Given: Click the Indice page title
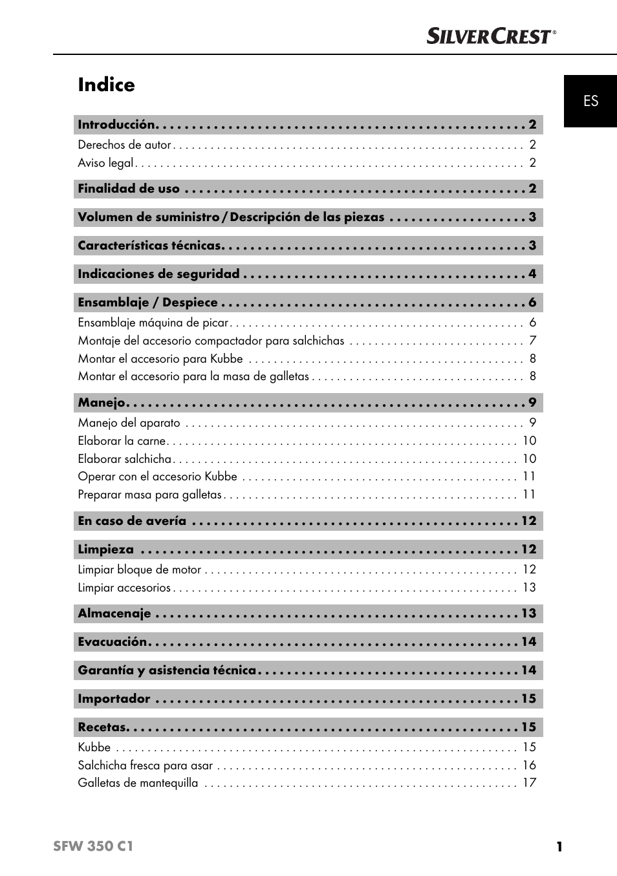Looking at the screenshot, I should [x=106, y=85].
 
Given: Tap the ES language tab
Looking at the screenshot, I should [x=590, y=101].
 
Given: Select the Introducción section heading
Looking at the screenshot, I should [x=116, y=125].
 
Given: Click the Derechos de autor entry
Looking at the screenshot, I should [x=124, y=145].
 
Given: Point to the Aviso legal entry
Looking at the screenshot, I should [x=105, y=163].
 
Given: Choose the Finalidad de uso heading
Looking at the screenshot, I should [x=129, y=189].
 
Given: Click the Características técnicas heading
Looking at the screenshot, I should [x=149, y=246].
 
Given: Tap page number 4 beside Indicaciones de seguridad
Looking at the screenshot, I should [x=532, y=274].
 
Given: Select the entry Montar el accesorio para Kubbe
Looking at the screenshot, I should [x=160, y=359].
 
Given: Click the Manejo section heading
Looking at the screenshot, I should [x=102, y=403].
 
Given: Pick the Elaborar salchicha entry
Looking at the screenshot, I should [x=125, y=459].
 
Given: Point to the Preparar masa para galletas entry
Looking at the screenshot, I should [x=149, y=495].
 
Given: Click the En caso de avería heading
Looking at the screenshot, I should [x=132, y=521].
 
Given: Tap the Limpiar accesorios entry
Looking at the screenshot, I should [x=124, y=588].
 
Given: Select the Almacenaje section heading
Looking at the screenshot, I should [x=114, y=614].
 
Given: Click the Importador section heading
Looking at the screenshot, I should [x=114, y=699].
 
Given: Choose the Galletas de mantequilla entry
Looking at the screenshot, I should [x=138, y=783].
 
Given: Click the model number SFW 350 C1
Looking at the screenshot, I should [x=93, y=846].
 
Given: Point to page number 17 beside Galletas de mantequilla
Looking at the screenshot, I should [x=529, y=783].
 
